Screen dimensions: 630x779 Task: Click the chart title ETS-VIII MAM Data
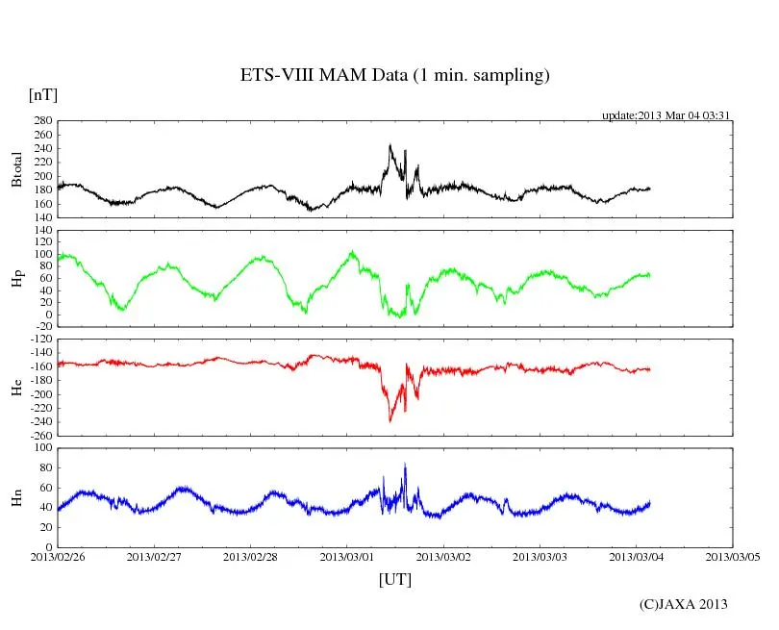[394, 76]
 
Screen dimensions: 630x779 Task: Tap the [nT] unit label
[42, 95]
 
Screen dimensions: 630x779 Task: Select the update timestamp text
[666, 114]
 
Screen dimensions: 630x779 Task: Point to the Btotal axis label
[16, 169]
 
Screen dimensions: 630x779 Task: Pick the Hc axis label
[16, 388]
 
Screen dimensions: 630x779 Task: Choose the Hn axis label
[16, 497]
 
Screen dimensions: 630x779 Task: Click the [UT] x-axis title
[394, 579]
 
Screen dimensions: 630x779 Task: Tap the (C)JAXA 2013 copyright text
[684, 604]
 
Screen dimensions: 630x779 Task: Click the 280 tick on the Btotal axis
[42, 121]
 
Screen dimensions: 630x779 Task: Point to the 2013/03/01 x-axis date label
[347, 556]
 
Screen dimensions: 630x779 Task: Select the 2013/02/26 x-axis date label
[58, 556]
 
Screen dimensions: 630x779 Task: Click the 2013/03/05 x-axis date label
[733, 556]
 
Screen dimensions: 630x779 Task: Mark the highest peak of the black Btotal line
[389, 145]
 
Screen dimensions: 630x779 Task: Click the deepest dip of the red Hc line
[389, 420]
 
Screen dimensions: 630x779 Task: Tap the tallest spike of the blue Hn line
[405, 465]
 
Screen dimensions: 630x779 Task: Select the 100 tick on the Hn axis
[42, 448]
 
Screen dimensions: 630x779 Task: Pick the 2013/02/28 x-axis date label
[251, 556]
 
